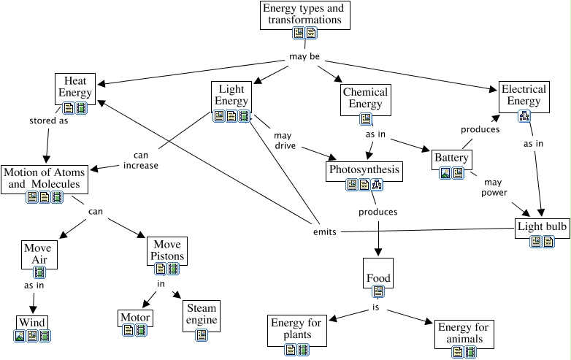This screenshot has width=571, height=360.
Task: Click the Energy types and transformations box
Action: click(304, 15)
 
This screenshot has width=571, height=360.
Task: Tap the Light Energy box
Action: click(231, 95)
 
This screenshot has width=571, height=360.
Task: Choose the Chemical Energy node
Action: click(365, 98)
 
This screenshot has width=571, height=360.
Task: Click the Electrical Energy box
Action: click(523, 95)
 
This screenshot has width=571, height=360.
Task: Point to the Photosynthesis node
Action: click(364, 170)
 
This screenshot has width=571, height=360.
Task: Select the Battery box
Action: click(451, 158)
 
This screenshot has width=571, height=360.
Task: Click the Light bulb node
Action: click(542, 227)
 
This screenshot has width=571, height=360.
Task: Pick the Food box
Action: click(378, 278)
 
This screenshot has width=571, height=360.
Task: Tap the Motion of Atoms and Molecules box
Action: click(44, 178)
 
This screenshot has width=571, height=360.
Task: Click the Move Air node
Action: click(37, 253)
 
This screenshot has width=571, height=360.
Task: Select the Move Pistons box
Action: click(166, 250)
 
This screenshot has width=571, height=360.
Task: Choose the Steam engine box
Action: click(201, 315)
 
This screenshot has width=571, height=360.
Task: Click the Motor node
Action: click(135, 318)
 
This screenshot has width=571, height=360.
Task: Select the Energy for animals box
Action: click(464, 333)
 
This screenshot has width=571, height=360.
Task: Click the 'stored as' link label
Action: click(48, 120)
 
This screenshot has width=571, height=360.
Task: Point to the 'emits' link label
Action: click(324, 232)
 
